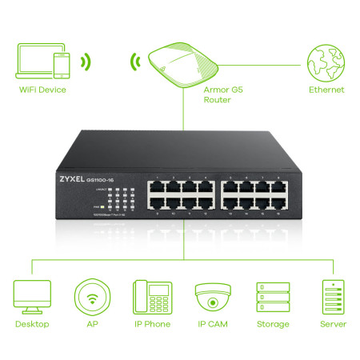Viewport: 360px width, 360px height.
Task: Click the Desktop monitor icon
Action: tap(32, 295)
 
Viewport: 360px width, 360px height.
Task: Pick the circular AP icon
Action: tap(90, 295)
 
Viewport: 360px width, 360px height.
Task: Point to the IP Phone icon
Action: tap(150, 295)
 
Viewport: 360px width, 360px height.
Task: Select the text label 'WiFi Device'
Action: tap(42, 90)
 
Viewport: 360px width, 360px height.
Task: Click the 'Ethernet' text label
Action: tap(326, 90)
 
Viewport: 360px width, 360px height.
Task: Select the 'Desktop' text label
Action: tap(32, 324)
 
